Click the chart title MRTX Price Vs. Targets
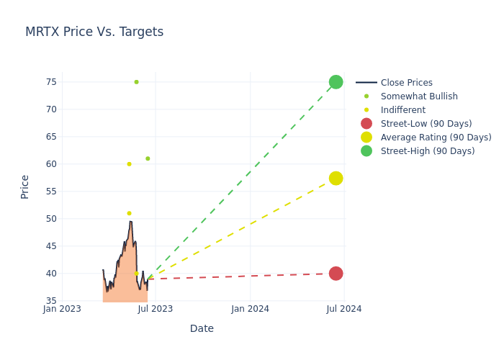(x=94, y=32)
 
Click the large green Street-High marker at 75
(x=336, y=82)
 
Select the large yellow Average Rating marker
(x=336, y=178)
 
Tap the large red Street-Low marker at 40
(x=336, y=274)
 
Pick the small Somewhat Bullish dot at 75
(x=136, y=82)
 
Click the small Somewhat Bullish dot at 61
(x=148, y=158)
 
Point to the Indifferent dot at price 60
(x=130, y=164)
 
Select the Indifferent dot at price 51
(x=130, y=213)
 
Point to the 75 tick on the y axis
(x=51, y=82)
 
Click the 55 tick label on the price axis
(x=51, y=192)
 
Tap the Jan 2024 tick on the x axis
(x=250, y=309)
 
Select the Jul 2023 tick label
(x=156, y=309)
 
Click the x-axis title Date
(x=202, y=328)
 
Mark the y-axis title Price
(x=25, y=186)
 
